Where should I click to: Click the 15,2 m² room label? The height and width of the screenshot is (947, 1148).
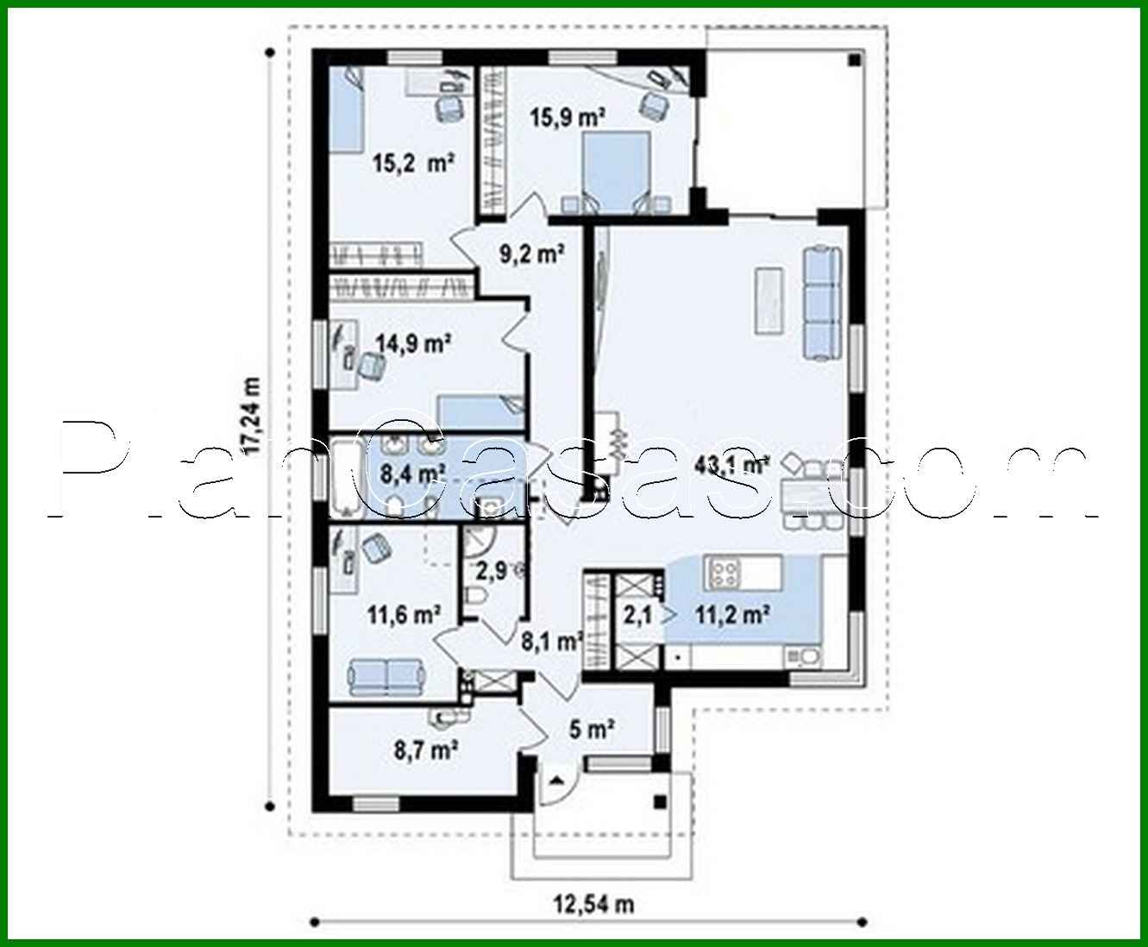point(413,162)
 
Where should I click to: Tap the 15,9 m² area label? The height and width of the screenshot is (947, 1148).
point(568,117)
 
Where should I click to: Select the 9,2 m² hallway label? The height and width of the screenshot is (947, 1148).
point(531,254)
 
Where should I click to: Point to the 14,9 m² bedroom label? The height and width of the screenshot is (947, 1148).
point(414,344)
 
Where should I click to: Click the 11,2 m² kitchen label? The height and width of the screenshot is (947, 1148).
point(732,615)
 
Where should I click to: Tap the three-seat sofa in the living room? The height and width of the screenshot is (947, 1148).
point(821,303)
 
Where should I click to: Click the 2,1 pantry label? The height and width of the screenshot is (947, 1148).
point(638,615)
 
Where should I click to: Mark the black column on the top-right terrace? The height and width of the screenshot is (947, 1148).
point(853,62)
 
